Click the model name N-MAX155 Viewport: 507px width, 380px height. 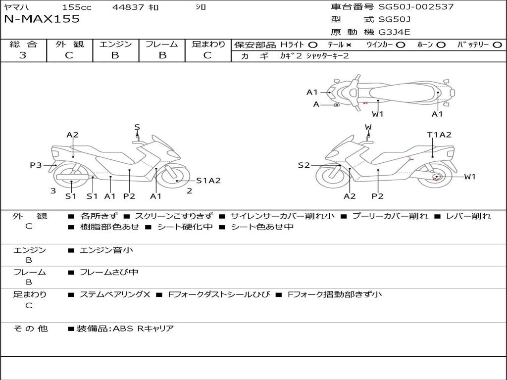coord(42,19)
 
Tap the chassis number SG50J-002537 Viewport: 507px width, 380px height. coord(416,6)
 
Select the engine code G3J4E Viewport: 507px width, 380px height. coord(394,32)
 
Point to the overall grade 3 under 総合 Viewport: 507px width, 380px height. coord(23,55)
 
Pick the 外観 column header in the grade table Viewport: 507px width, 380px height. coord(69,44)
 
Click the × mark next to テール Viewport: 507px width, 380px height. coord(348,45)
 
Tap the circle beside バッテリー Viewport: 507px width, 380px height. coord(497,45)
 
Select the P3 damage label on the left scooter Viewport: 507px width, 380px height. coord(36,165)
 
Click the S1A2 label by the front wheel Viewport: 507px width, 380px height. coord(208,181)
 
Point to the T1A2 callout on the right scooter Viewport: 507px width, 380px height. coord(439,135)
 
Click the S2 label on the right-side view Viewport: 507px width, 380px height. coord(304,165)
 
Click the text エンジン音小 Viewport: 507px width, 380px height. coord(106,250)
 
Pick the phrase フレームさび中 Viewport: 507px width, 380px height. coord(109,273)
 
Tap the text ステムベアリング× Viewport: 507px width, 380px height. coord(115,294)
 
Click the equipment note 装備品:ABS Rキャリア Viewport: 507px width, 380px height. coord(125,329)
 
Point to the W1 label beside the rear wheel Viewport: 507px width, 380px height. coord(470,177)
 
